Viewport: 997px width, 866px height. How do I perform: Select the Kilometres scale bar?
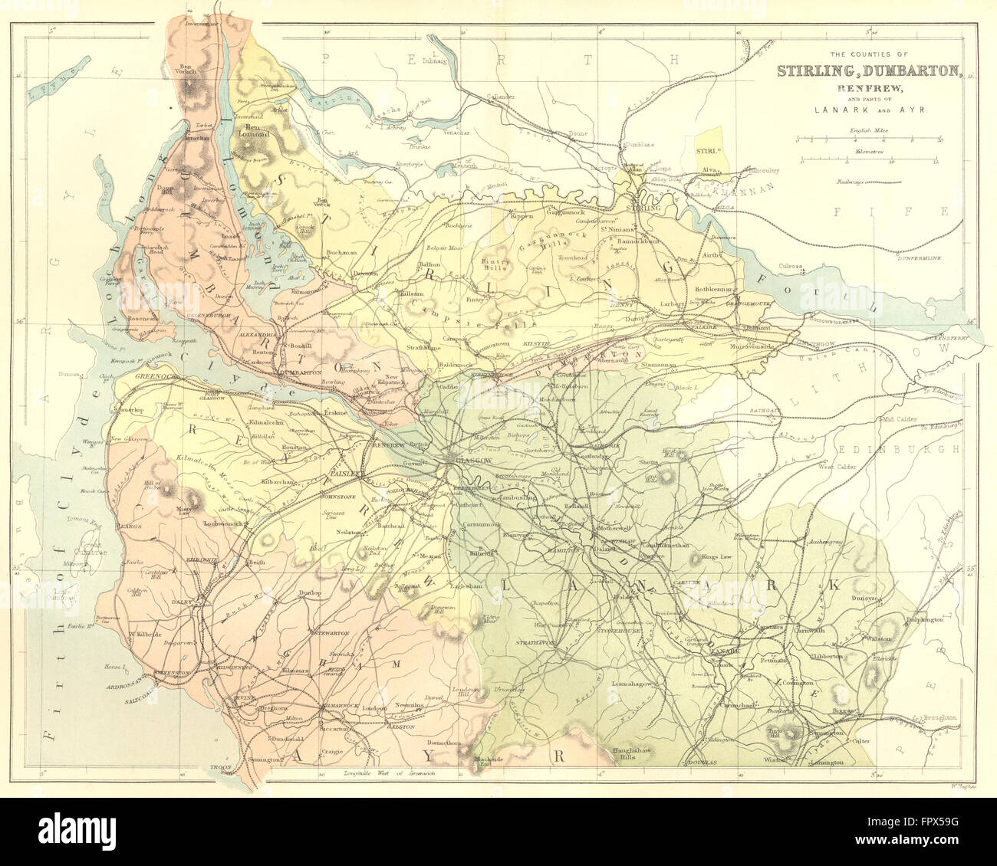(870, 161)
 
